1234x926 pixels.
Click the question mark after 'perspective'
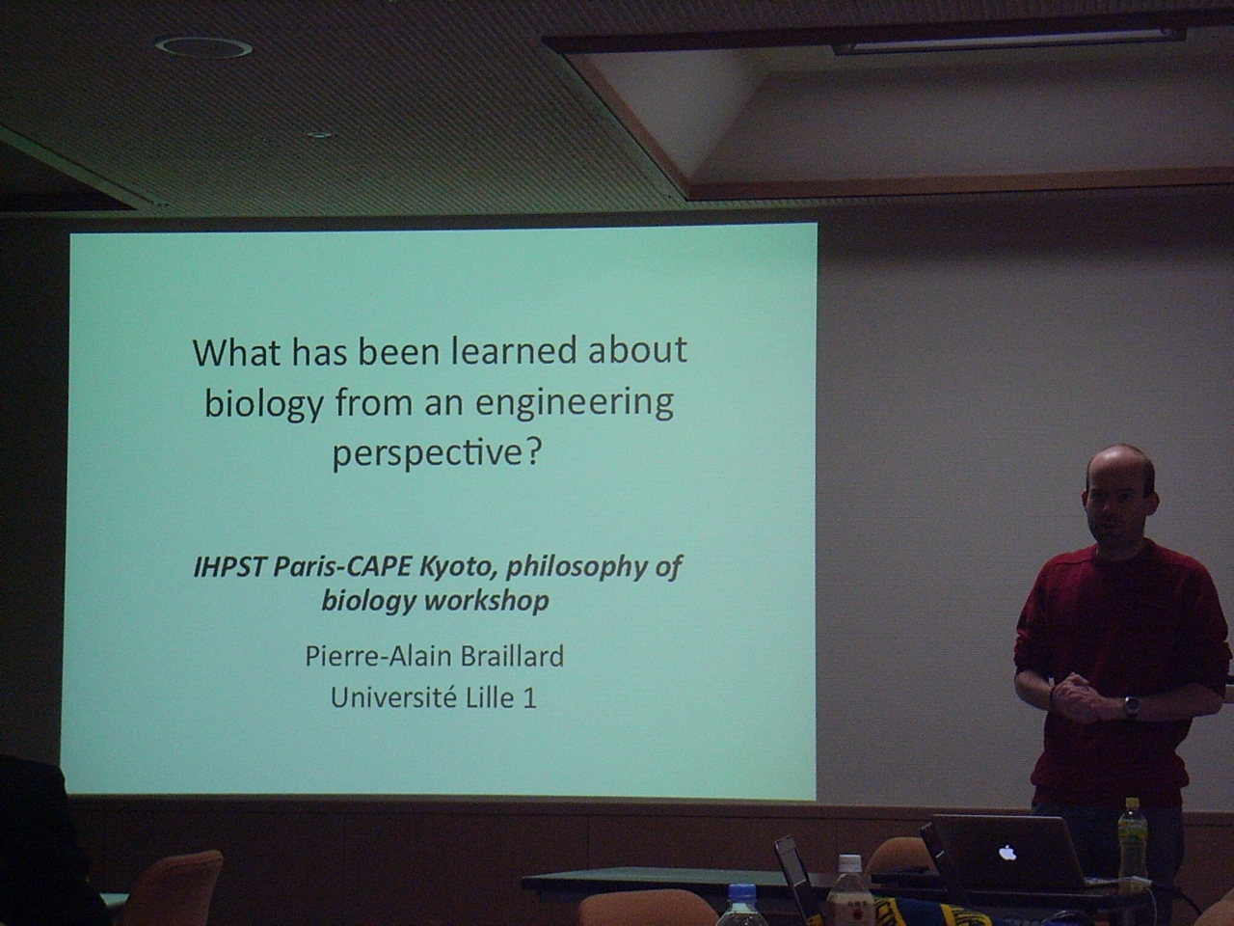click(534, 450)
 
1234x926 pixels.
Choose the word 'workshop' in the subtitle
click(488, 601)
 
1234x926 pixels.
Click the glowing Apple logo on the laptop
click(1007, 853)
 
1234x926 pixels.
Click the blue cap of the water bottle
click(742, 893)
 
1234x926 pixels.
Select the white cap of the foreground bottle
click(849, 864)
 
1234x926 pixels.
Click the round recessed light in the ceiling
click(203, 46)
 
